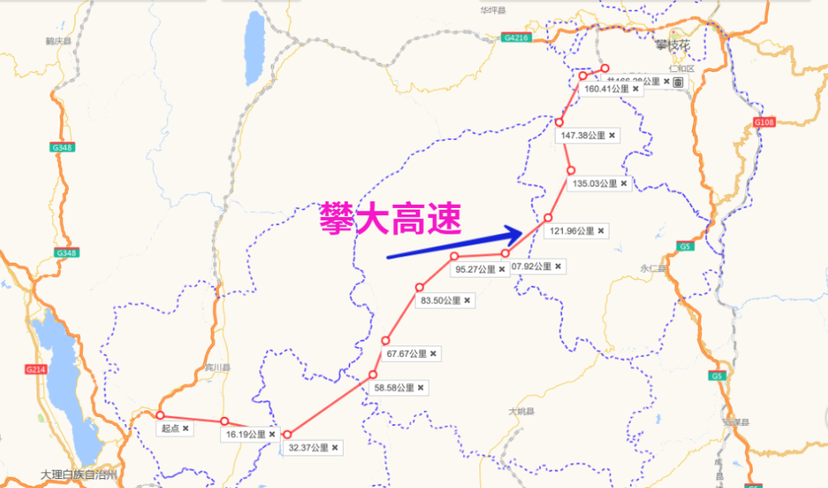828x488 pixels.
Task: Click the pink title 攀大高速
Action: (391, 220)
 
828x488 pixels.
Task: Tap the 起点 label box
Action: (176, 428)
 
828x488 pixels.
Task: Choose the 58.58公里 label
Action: (399, 387)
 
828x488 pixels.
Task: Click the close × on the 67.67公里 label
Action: (433, 354)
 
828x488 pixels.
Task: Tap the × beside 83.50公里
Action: (467, 300)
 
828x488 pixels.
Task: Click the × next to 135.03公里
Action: (623, 183)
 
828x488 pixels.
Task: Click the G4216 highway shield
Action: (515, 38)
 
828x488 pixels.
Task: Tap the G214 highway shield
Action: (36, 370)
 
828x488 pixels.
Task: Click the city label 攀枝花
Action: (672, 46)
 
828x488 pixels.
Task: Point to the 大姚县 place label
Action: (522, 412)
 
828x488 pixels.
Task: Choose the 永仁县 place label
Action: (654, 268)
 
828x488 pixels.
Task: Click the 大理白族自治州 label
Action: (79, 475)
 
